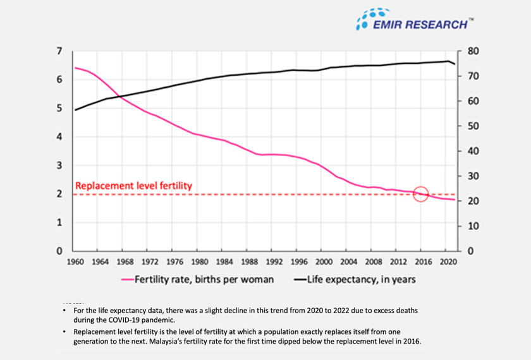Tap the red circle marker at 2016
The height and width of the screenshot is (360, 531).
421,194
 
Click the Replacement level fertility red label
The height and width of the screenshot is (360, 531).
133,186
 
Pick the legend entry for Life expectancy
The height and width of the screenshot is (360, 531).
358,279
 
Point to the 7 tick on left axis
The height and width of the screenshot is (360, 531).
59,51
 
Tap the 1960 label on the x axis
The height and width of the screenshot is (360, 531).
75,261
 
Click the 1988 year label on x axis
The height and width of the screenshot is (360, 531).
248,261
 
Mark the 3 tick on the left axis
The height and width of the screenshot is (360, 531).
59,165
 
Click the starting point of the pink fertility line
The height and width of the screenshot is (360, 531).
75,68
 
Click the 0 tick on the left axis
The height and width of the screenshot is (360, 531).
59,251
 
